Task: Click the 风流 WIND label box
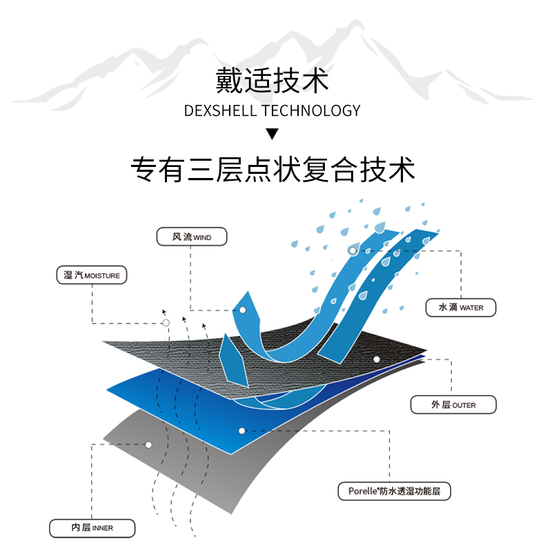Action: tap(192, 237)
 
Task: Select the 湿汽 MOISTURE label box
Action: tap(92, 275)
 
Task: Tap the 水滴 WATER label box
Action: tap(461, 308)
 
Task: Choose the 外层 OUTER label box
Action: tap(453, 405)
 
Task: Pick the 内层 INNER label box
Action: tap(92, 529)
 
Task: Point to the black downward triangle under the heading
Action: tap(272, 134)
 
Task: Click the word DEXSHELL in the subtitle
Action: tap(221, 110)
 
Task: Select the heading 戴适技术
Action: tap(272, 81)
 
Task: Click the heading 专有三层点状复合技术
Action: tap(272, 170)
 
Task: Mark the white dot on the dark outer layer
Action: tap(377, 359)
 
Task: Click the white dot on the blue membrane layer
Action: tap(242, 431)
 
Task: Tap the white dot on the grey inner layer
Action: tap(148, 444)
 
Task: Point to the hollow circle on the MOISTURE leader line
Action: tap(166, 323)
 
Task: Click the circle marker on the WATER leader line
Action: tap(353, 250)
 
